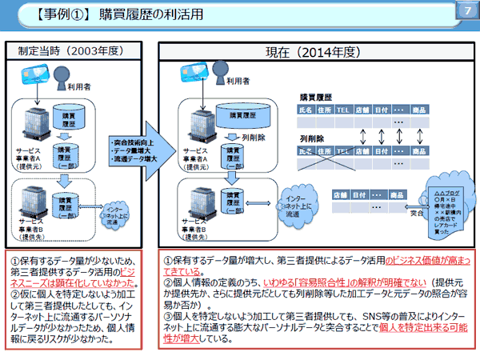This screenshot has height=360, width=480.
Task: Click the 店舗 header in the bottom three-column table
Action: (339, 194)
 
